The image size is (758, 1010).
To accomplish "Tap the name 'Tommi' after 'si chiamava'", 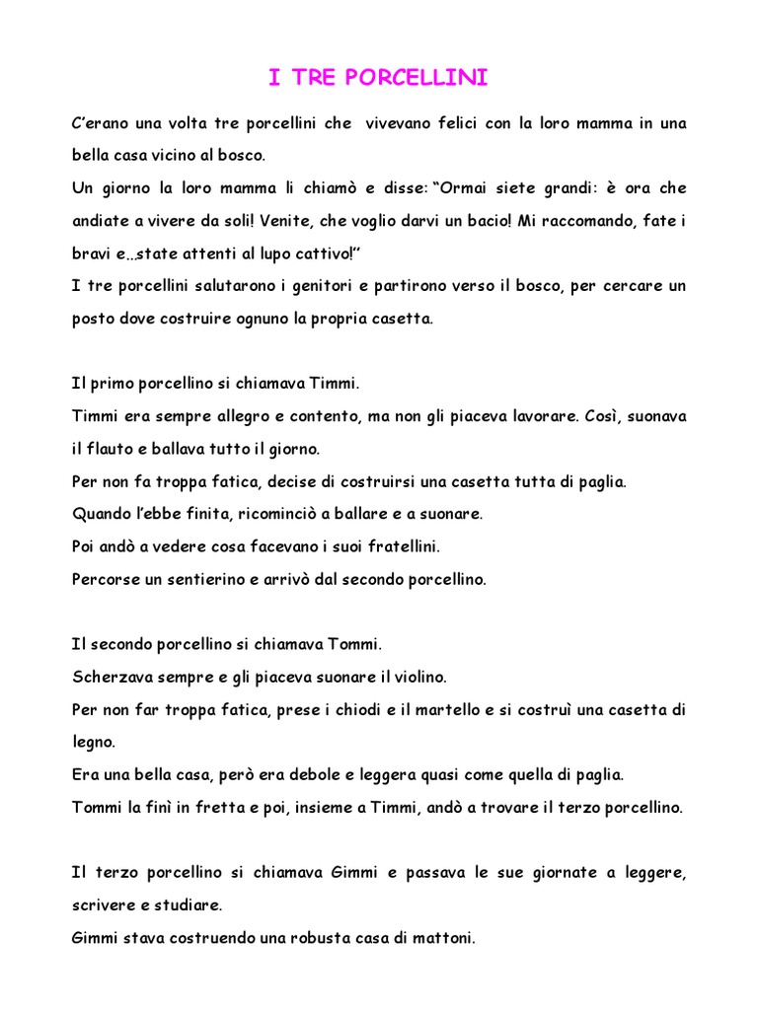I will [x=357, y=644].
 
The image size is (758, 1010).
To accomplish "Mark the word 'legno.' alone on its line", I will [x=95, y=742].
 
